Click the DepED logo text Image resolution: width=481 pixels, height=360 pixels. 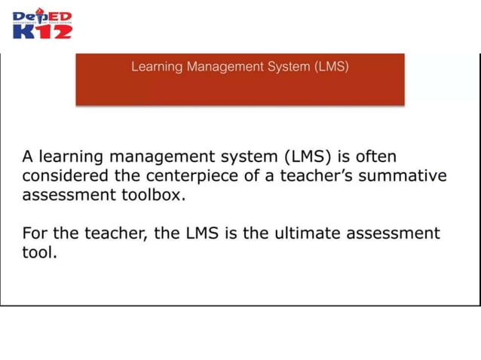coord(42,17)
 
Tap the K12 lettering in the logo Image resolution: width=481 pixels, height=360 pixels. coord(42,31)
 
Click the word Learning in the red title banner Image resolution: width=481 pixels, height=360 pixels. coord(156,66)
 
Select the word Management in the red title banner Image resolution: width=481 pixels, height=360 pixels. coord(225,66)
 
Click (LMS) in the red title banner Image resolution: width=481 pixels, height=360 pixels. coord(332,66)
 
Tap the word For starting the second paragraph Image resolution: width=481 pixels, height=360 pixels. coord(35,233)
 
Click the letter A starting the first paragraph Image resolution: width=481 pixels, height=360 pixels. coord(27,157)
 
